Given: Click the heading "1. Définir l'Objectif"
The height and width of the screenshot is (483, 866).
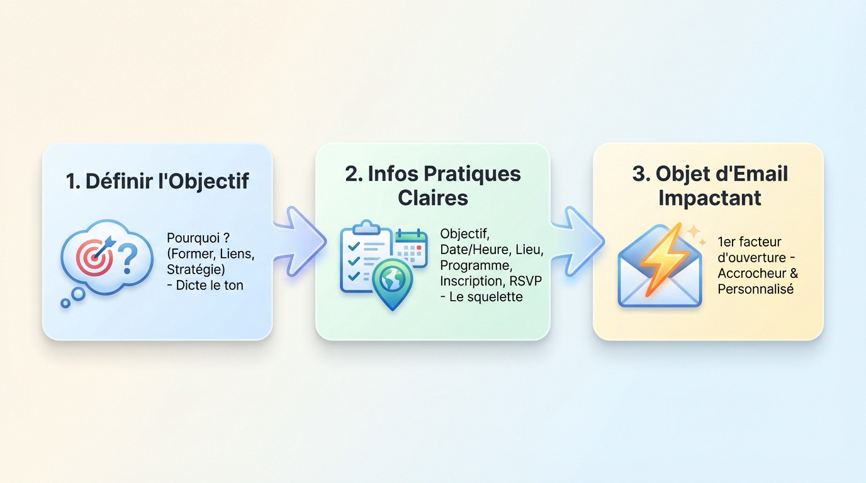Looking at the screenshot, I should (157, 181).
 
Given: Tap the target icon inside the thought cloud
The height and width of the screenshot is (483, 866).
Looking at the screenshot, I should (94, 254).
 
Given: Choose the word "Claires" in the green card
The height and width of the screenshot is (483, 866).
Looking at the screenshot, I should (432, 197).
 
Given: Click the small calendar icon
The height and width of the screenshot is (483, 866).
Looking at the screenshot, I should (411, 246).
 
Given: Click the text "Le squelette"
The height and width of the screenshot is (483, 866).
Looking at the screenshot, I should (486, 297).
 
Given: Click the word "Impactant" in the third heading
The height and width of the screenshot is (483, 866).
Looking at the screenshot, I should (710, 197).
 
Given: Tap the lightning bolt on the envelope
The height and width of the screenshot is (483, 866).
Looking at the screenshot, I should (661, 258).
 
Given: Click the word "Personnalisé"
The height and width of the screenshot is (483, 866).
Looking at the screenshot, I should (755, 289).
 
